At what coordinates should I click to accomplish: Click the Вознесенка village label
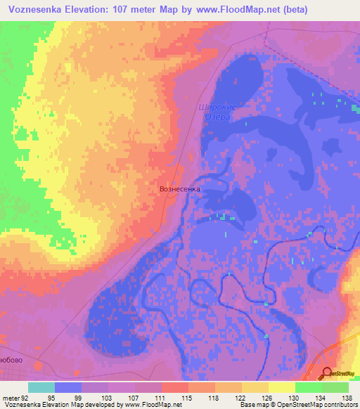coord(180,189)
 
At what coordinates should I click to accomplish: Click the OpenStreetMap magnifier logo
coord(326,374)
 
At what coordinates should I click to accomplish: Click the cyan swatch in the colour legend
coord(41,387)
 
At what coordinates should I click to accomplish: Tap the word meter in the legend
coord(9,398)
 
